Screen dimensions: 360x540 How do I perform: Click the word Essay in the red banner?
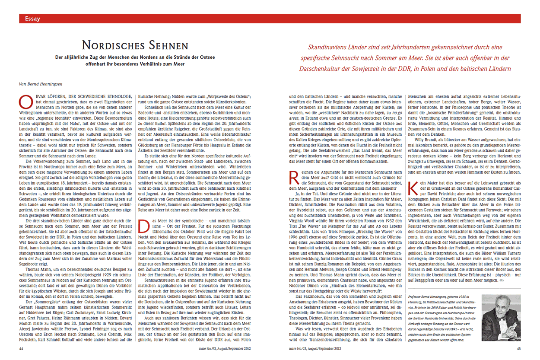point(33,19)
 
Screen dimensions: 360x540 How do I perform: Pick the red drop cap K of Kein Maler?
point(413,189)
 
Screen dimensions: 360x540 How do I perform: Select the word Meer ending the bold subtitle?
point(178,64)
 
